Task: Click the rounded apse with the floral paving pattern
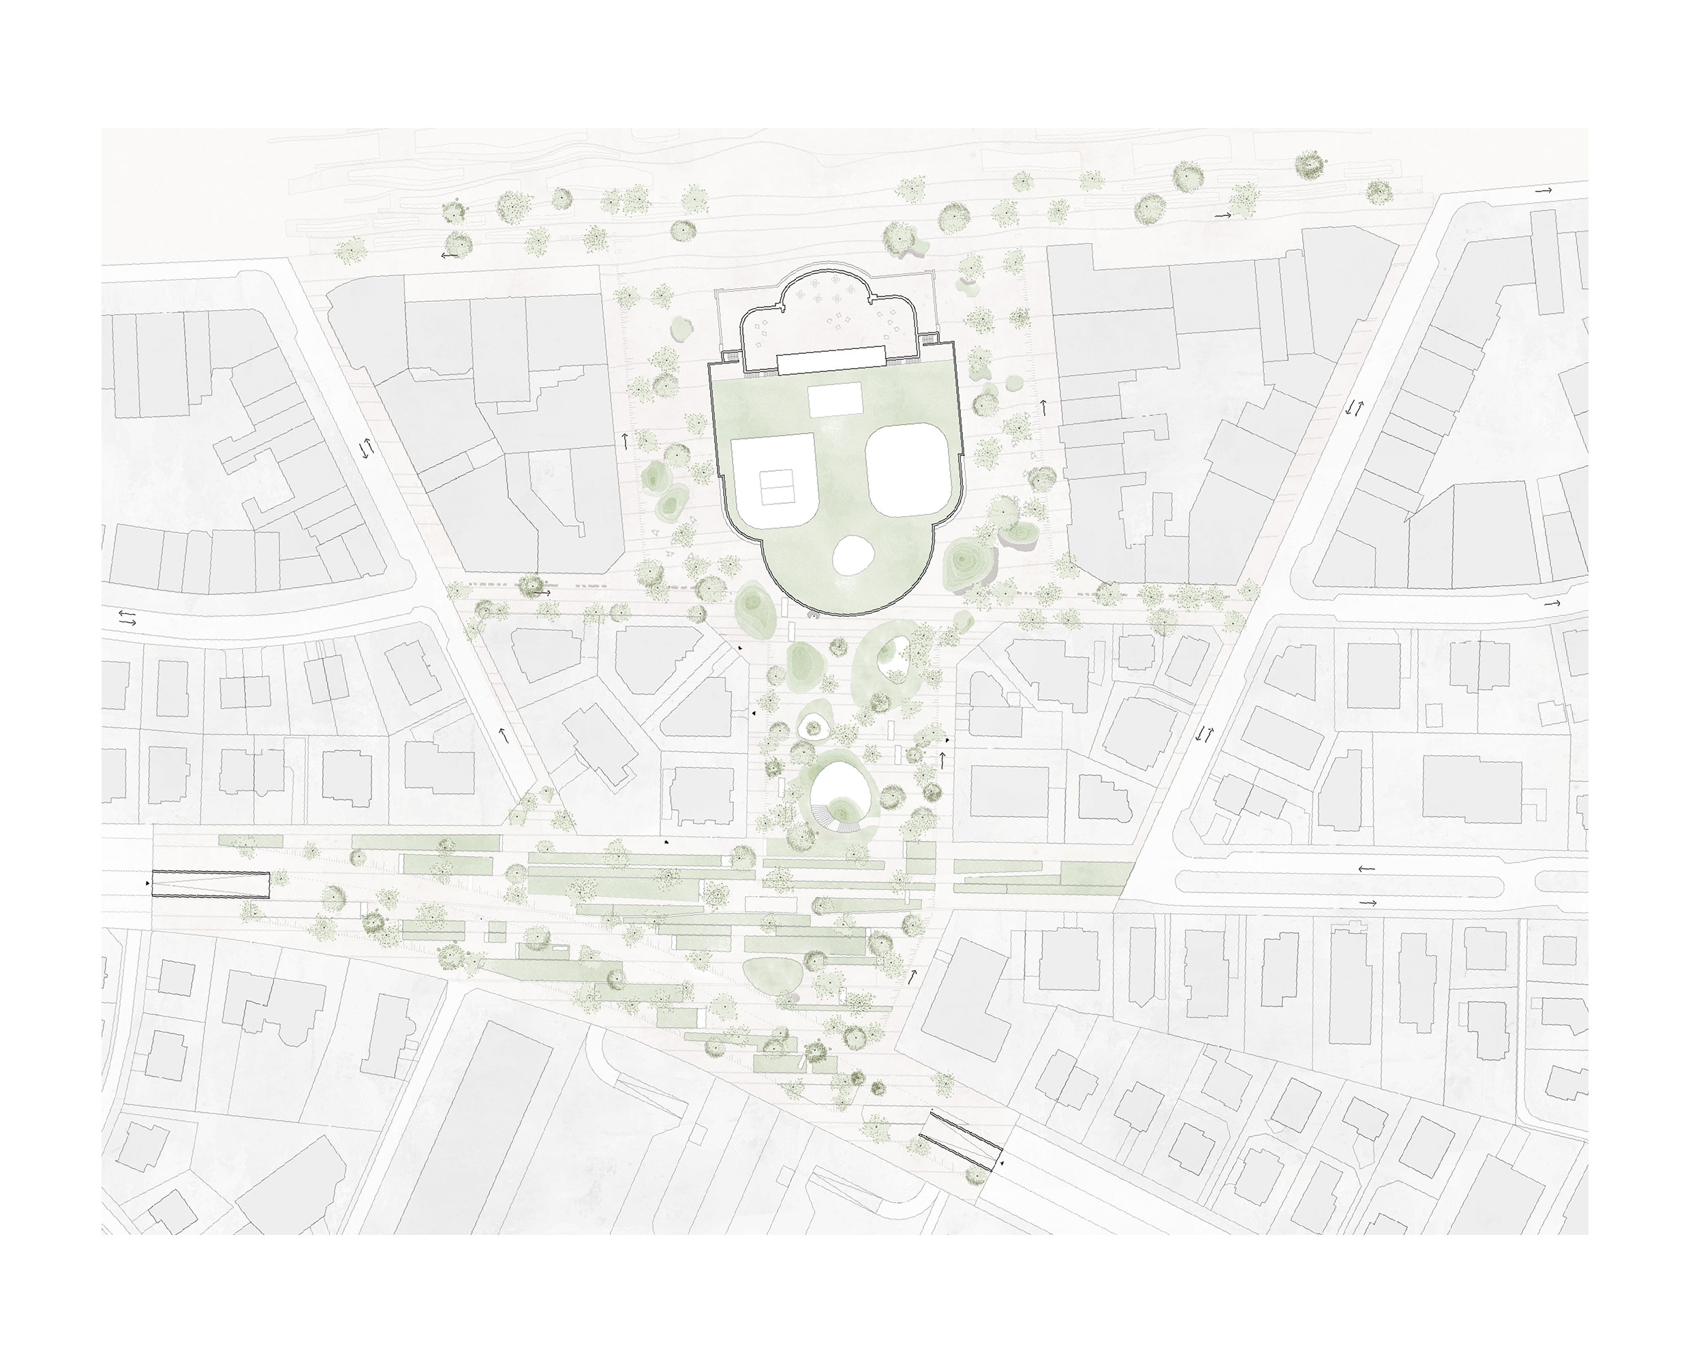tap(833, 314)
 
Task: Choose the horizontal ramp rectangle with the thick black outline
tap(210, 884)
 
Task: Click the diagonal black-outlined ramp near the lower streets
tap(961, 1141)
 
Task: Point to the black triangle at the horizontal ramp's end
tap(147, 883)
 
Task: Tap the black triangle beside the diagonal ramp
tap(1002, 1161)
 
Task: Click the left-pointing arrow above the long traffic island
tap(1366, 869)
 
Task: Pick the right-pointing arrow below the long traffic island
tap(1368, 904)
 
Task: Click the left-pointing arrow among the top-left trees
tap(449, 255)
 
